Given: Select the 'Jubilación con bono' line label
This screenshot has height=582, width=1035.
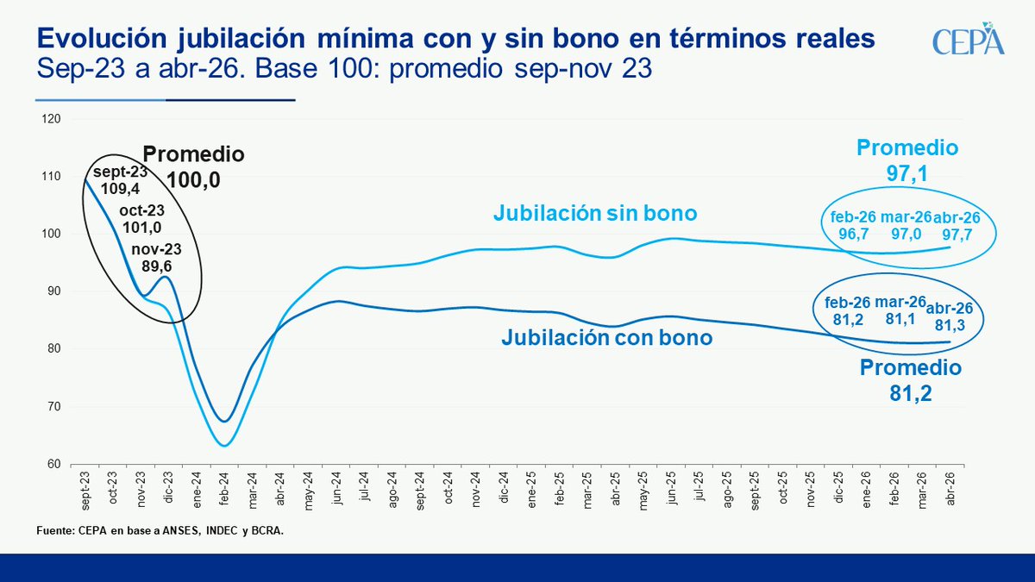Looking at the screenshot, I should tap(606, 338).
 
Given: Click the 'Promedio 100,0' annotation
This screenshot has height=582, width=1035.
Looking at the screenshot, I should tap(193, 166).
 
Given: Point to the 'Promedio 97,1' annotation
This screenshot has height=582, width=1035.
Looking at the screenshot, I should tap(906, 160).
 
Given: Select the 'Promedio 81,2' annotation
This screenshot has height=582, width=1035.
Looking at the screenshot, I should tap(910, 381).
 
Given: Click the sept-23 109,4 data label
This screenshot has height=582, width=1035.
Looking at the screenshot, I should tap(120, 178).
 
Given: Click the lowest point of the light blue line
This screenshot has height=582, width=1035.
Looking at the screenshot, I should tap(224, 446).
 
